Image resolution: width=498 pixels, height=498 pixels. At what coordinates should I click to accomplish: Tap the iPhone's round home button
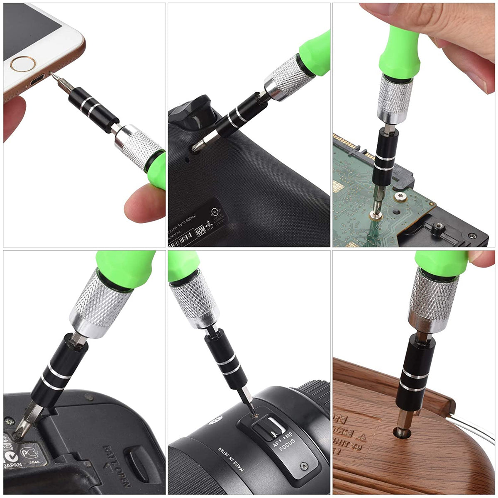click(23, 64)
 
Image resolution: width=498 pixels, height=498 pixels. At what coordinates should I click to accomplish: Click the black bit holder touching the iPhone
click(94, 105)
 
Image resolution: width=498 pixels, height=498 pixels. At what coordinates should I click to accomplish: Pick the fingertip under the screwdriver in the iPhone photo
click(143, 203)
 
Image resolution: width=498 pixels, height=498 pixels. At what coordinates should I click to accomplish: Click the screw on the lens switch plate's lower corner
click(304, 466)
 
